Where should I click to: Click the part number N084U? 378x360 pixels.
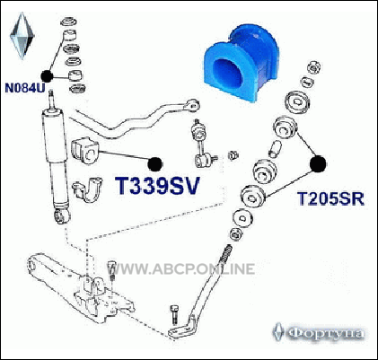tap(24, 88)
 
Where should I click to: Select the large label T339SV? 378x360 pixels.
tap(157, 186)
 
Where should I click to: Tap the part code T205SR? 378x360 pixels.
tap(330, 198)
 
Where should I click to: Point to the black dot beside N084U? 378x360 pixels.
tap(47, 76)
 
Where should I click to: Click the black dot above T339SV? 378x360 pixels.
tap(155, 164)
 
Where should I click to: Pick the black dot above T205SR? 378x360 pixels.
tap(318, 164)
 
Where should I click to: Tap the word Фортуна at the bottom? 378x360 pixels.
tap(327, 333)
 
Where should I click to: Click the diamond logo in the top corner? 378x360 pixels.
tap(22, 35)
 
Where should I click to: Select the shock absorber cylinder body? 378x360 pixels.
tap(57, 159)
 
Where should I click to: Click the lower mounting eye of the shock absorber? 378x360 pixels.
tap(62, 216)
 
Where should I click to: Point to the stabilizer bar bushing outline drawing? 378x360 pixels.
tap(85, 151)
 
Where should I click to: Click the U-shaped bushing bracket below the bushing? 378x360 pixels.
tap(87, 190)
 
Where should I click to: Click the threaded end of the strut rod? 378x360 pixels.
tap(226, 253)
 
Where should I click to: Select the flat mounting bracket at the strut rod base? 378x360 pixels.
tap(182, 329)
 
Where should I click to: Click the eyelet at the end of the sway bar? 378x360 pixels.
tap(192, 105)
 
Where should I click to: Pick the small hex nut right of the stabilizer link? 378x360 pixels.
tap(233, 155)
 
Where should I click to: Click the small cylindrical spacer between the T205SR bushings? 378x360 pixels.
tap(276, 149)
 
